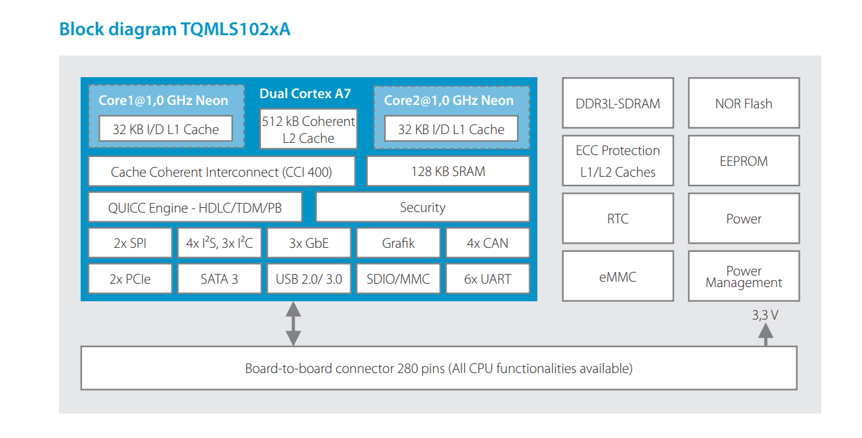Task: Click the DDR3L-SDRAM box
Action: pyautogui.click(x=617, y=103)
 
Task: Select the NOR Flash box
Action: pyautogui.click(x=743, y=103)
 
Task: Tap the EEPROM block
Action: pyautogui.click(x=743, y=160)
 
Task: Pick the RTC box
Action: pyautogui.click(x=617, y=219)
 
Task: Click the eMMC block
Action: pyautogui.click(x=617, y=276)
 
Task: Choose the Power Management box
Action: pyautogui.click(x=743, y=276)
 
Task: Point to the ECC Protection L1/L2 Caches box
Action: pyautogui.click(x=617, y=160)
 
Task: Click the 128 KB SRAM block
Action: pyautogui.click(x=449, y=171)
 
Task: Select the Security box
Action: pyautogui.click(x=423, y=207)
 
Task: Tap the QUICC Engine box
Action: pyautogui.click(x=195, y=207)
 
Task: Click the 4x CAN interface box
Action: pyautogui.click(x=487, y=243)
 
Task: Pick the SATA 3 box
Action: pyautogui.click(x=220, y=278)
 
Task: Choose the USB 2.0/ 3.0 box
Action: pyautogui.click(x=309, y=278)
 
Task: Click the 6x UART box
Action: pyautogui.click(x=487, y=278)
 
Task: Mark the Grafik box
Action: pyautogui.click(x=398, y=243)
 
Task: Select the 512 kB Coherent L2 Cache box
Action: pyautogui.click(x=308, y=129)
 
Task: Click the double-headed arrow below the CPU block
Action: pyautogui.click(x=293, y=324)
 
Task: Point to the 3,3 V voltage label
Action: pyautogui.click(x=765, y=315)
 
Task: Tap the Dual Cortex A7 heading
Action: pyautogui.click(x=305, y=93)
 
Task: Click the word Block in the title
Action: pyautogui.click(x=81, y=29)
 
